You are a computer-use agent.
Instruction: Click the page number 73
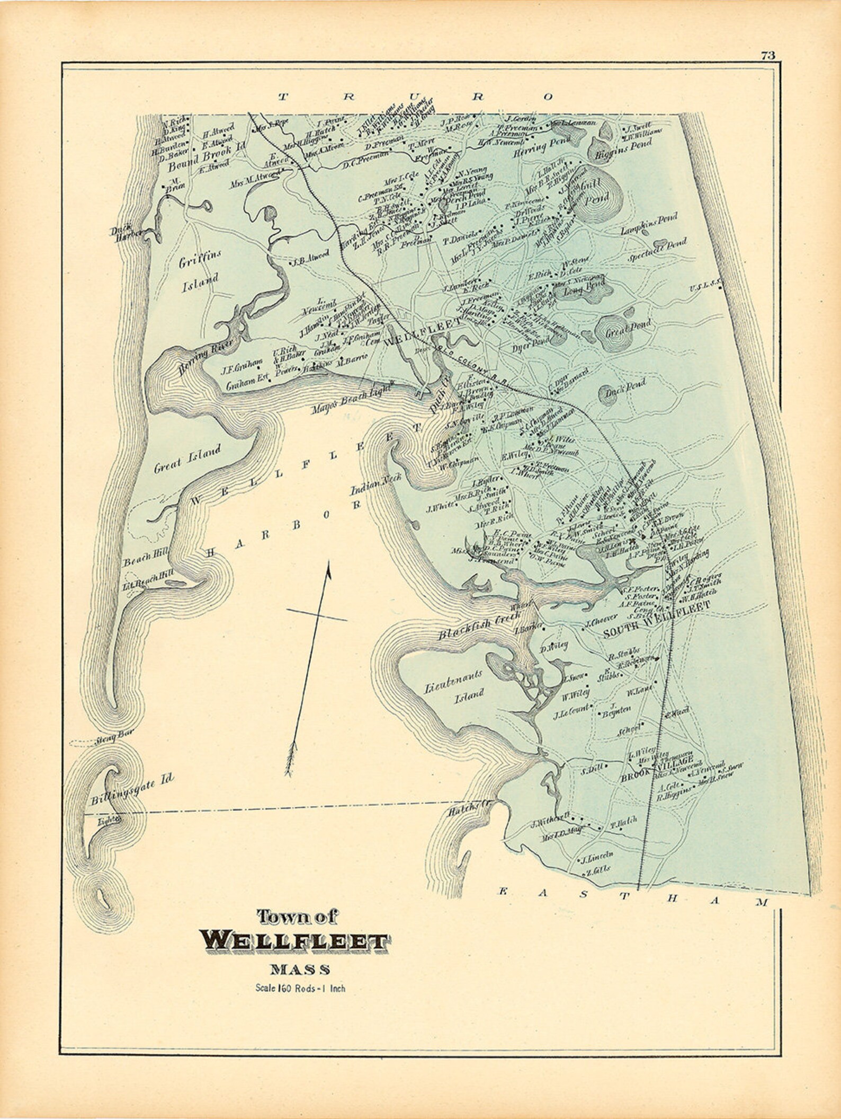(x=768, y=56)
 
